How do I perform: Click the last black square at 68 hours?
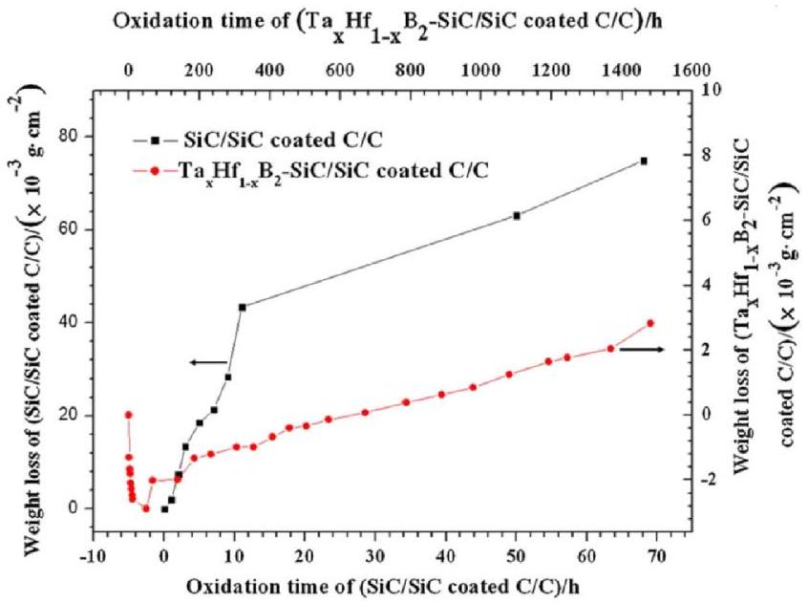click(x=644, y=161)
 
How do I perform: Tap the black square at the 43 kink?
click(x=243, y=307)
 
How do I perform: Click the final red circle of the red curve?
click(x=650, y=323)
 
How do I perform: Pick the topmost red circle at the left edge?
click(x=128, y=414)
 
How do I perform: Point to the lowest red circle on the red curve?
click(x=146, y=508)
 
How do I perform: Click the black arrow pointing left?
click(x=207, y=362)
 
